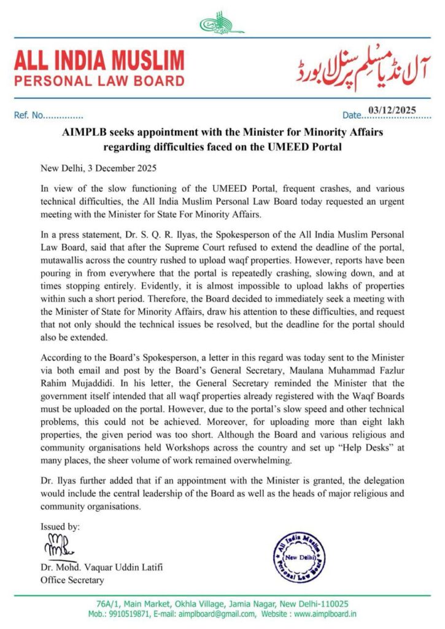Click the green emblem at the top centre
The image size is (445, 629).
pyautogui.click(x=222, y=24)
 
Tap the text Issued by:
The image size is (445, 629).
pyautogui.click(x=60, y=527)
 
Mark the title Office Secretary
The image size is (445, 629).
pyautogui.click(x=72, y=580)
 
